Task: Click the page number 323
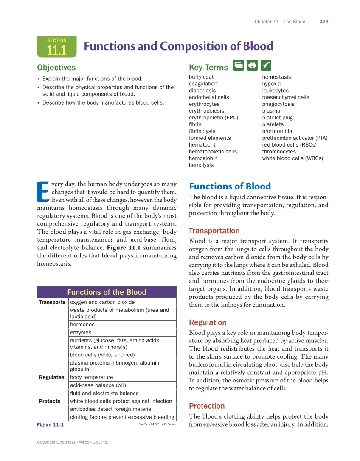click(x=324, y=22)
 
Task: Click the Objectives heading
click(x=56, y=68)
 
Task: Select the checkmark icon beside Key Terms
click(x=266, y=65)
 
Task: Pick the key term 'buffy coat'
click(x=201, y=77)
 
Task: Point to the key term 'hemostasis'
click(x=276, y=77)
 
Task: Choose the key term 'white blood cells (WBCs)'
click(x=292, y=158)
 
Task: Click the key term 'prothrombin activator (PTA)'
click(x=295, y=138)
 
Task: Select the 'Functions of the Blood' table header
click(x=107, y=292)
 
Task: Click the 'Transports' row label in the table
click(x=52, y=302)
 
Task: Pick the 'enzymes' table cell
click(x=81, y=333)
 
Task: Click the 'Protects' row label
click(x=50, y=401)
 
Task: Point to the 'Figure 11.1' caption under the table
click(x=50, y=425)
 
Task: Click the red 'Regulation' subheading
click(x=208, y=322)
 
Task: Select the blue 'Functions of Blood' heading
click(x=230, y=187)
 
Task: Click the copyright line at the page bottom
click(x=73, y=442)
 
